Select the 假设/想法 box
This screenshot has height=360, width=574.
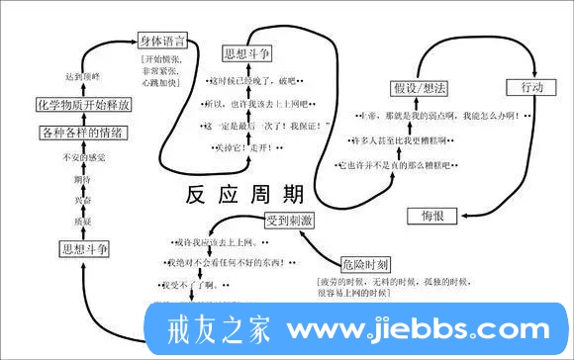[x=420, y=89]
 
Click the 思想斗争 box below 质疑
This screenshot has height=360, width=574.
[x=84, y=248]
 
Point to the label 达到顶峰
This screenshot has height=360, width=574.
[x=83, y=76]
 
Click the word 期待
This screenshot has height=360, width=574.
[x=83, y=179]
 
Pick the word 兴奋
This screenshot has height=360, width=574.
[x=83, y=200]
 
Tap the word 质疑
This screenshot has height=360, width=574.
[x=83, y=221]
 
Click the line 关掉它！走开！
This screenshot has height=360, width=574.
[x=245, y=147]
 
